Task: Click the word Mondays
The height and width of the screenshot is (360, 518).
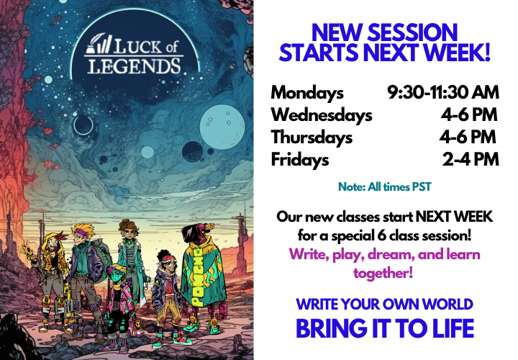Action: [307, 93]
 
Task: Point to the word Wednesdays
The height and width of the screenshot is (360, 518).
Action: [322, 115]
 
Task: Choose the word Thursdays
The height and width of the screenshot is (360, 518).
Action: [312, 138]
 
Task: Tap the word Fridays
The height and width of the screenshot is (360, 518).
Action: [299, 160]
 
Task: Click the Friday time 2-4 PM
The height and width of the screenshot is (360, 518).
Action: [471, 160]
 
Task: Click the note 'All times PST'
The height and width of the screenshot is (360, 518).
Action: [384, 187]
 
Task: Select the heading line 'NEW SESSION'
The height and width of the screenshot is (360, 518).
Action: [385, 32]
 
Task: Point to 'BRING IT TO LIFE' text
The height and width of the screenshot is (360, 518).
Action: [385, 328]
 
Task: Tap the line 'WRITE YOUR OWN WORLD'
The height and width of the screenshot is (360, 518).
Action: [385, 305]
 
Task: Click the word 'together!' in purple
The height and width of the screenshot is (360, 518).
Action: [384, 273]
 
